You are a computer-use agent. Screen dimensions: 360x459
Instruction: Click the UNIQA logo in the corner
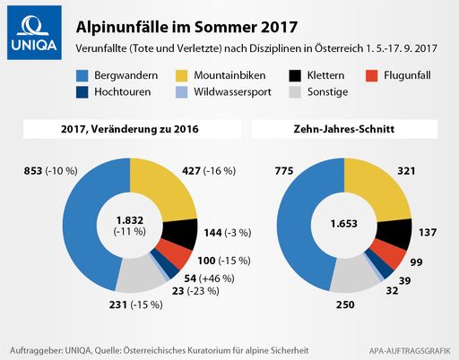(30, 30)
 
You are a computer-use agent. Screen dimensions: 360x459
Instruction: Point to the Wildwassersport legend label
(233, 91)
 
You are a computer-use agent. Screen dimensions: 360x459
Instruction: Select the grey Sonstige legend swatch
(292, 91)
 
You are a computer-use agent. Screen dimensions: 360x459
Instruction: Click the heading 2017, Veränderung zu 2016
(131, 130)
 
